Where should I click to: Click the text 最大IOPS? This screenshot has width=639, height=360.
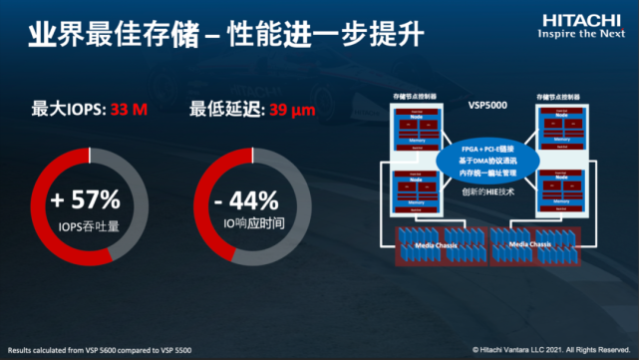tap(65, 107)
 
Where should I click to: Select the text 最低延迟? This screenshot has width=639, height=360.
tap(223, 107)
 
